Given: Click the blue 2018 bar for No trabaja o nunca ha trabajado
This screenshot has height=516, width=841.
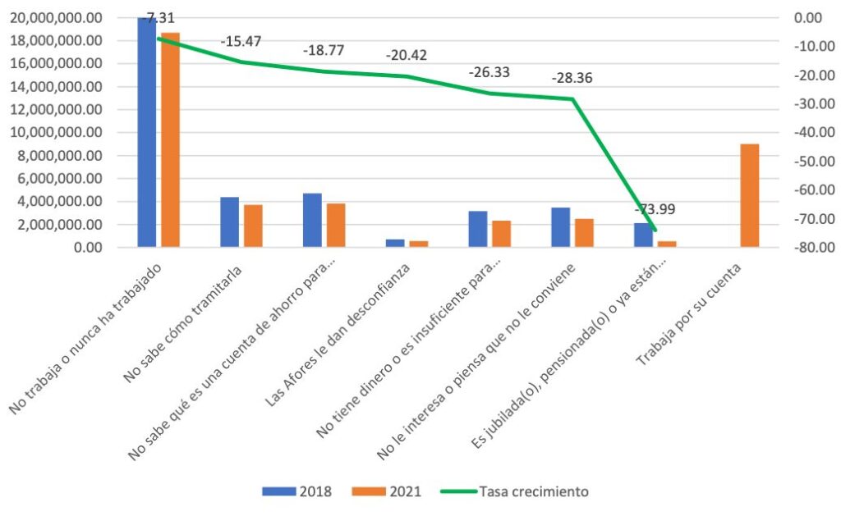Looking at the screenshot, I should pyautogui.click(x=147, y=131).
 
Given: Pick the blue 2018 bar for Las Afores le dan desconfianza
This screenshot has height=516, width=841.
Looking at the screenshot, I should pyautogui.click(x=395, y=243).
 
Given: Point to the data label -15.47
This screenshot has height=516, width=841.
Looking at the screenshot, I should pyautogui.click(x=241, y=41).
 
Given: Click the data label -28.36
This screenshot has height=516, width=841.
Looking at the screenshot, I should pyautogui.click(x=572, y=79).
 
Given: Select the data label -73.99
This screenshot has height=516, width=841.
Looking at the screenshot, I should pyautogui.click(x=655, y=209).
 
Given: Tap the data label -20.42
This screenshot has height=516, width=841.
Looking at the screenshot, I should pyautogui.click(x=407, y=57).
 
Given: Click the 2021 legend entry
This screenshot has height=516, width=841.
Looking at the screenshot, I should pyautogui.click(x=387, y=491).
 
